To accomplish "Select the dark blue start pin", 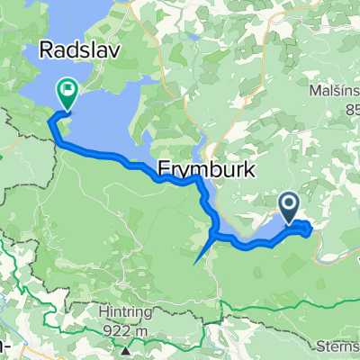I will click(x=291, y=208).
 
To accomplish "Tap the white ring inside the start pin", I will click(x=291, y=205).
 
